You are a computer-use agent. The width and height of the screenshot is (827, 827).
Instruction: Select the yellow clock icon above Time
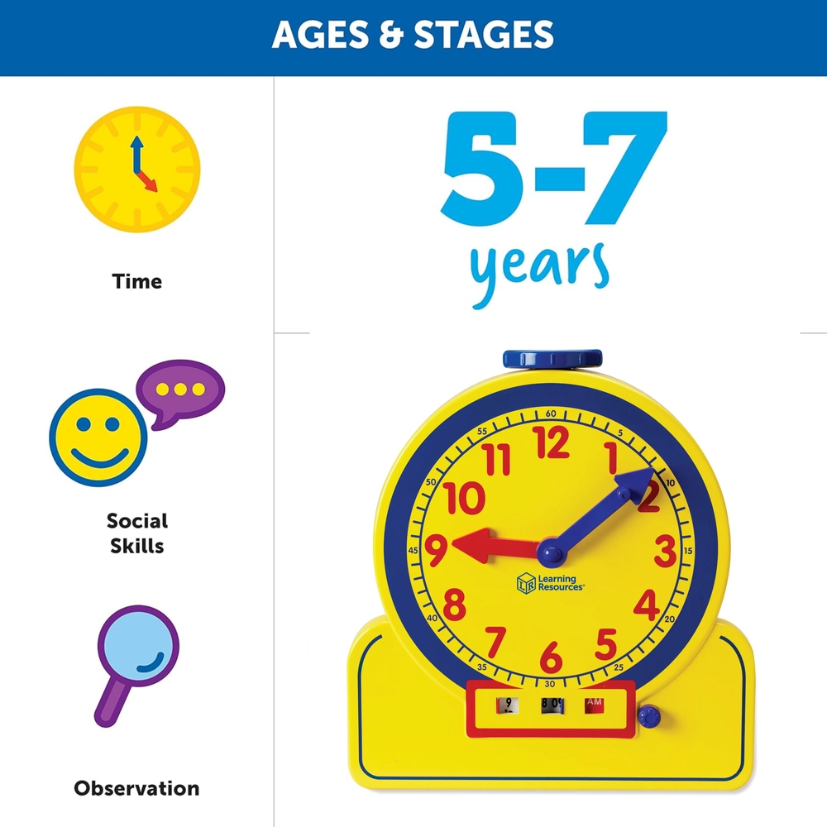(137, 169)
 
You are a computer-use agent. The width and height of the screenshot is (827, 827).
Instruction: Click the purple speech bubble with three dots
(179, 392)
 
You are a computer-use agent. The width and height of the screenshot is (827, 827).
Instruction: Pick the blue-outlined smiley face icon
(98, 437)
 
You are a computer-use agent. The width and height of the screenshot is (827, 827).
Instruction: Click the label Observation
(136, 788)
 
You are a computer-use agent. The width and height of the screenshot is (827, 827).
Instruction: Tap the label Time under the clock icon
(137, 281)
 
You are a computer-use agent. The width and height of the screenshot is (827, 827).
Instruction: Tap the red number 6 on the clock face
(551, 656)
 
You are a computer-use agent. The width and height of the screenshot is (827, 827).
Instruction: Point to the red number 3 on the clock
(664, 550)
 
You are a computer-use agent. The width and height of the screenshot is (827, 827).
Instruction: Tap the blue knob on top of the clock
(552, 359)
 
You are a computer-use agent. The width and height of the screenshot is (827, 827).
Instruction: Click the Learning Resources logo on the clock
(551, 582)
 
